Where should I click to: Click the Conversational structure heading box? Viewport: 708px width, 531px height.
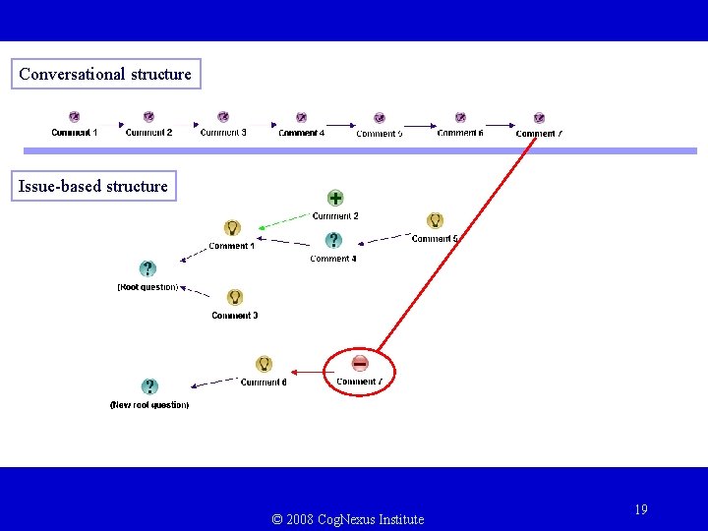pyautogui.click(x=105, y=74)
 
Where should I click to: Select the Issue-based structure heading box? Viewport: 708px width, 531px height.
pyautogui.click(x=93, y=186)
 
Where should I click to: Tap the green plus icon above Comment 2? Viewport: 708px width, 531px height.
pyautogui.click(x=335, y=198)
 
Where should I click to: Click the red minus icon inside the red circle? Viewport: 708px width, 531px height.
pyautogui.click(x=360, y=363)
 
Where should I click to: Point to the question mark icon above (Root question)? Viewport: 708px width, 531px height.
pyautogui.click(x=147, y=268)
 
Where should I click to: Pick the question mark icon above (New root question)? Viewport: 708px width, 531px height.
pyautogui.click(x=149, y=386)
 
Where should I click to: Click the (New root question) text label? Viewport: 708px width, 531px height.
pyautogui.click(x=149, y=405)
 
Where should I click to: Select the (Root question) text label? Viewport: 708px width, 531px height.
pyautogui.click(x=147, y=287)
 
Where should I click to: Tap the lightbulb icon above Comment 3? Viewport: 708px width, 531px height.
pyautogui.click(x=234, y=297)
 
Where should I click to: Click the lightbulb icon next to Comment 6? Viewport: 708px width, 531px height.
pyautogui.click(x=264, y=365)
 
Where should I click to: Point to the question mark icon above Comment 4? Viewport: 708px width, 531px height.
pyautogui.click(x=333, y=240)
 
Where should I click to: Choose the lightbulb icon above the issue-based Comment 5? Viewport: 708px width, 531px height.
pyautogui.click(x=435, y=221)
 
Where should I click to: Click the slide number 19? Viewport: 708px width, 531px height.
pyautogui.click(x=641, y=509)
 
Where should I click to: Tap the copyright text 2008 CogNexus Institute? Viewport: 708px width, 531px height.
pyautogui.click(x=348, y=519)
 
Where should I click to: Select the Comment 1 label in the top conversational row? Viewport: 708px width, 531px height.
pyautogui.click(x=75, y=133)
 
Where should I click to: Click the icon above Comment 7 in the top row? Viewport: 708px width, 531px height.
pyautogui.click(x=539, y=118)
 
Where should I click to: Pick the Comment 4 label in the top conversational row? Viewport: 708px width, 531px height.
pyautogui.click(x=301, y=133)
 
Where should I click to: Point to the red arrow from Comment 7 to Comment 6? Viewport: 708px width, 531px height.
pyautogui.click(x=308, y=373)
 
